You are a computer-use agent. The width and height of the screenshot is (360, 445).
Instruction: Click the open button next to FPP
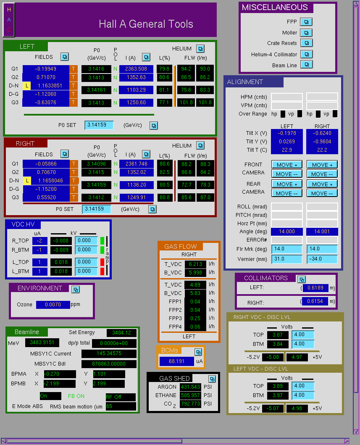coord(306,22)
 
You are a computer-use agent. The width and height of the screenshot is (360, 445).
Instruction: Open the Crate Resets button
coord(306,43)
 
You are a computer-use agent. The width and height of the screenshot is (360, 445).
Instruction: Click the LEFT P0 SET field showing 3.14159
coord(99,125)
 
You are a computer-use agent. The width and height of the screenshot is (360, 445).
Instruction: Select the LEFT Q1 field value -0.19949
coord(46,69)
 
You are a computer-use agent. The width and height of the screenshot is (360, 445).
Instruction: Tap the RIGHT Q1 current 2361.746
coord(137,164)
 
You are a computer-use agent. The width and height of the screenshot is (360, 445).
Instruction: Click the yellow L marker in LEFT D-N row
coord(26,86)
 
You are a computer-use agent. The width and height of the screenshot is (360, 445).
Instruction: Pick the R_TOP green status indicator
coord(102,241)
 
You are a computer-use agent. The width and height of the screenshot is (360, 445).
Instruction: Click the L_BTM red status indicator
coord(102,271)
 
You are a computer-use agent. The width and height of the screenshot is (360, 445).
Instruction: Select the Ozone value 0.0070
coord(53,305)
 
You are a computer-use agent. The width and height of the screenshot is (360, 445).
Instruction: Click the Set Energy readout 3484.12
coord(122,333)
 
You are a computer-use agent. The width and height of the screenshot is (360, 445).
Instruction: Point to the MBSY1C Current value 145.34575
coord(109,354)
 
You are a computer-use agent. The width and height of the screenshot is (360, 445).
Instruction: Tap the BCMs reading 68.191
coord(177,361)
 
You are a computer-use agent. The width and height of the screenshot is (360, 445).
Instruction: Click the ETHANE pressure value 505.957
coord(191,395)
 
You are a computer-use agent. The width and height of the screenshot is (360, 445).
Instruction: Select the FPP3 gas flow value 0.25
coord(195,319)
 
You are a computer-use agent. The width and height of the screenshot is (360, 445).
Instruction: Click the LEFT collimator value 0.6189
coord(315,288)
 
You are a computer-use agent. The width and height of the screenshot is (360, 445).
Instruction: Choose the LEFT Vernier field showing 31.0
coord(287,259)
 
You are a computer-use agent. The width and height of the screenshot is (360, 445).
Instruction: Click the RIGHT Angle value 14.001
coord(322,232)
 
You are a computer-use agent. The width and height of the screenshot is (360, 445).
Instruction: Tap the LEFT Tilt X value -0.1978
coord(287,133)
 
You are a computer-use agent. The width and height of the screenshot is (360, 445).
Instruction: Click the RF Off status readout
coord(121,397)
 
